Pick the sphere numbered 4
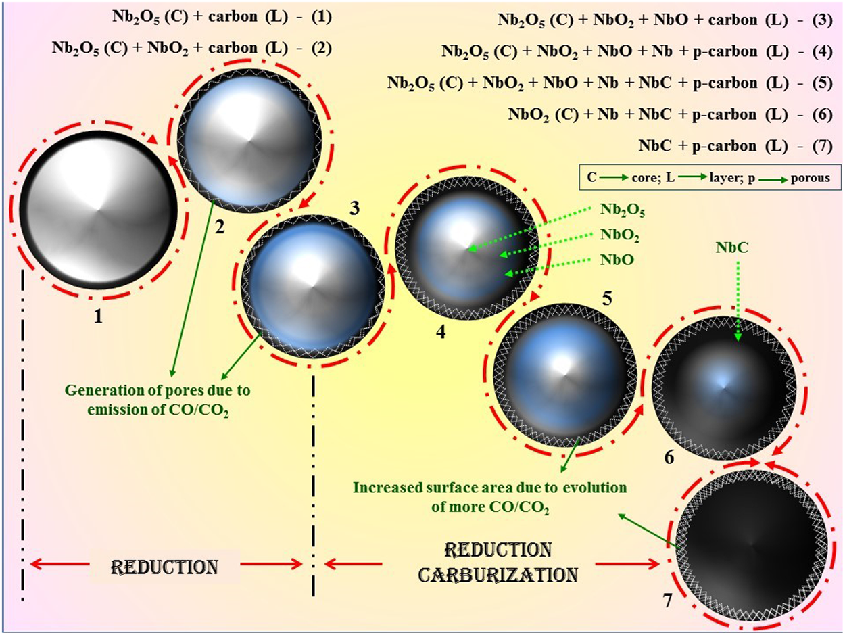click(467, 250)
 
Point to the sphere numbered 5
click(564, 373)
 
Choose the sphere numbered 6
click(723, 388)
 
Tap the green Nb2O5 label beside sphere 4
click(621, 210)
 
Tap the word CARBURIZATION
click(498, 575)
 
